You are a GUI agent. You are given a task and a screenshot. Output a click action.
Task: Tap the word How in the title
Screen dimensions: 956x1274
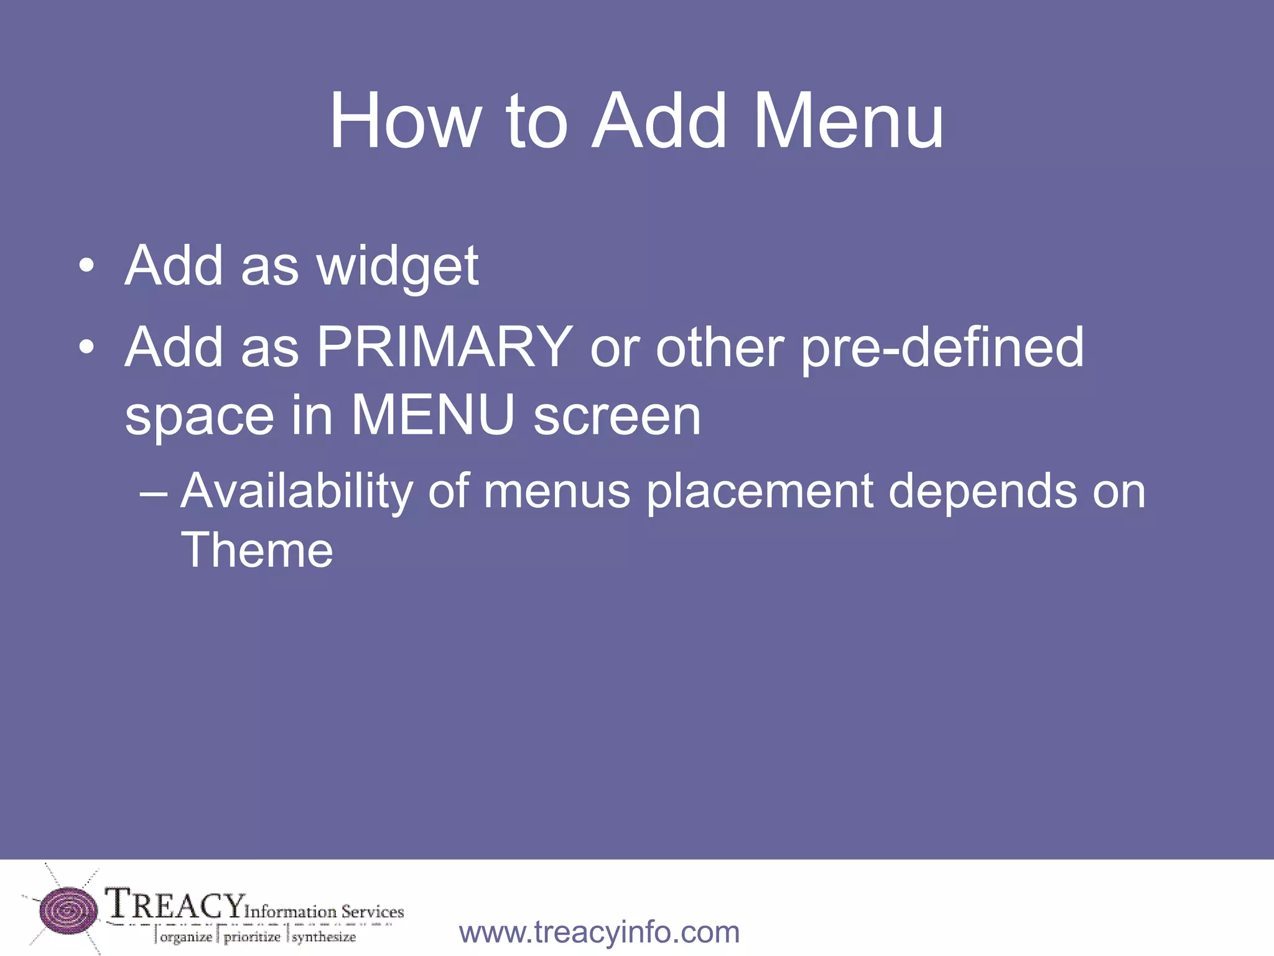point(405,121)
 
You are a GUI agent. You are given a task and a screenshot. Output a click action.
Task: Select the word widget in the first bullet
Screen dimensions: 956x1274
point(398,267)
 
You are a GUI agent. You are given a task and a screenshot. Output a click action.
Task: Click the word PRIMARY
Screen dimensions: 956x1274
point(444,347)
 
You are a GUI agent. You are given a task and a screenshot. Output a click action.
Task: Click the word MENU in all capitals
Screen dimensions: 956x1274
point(433,415)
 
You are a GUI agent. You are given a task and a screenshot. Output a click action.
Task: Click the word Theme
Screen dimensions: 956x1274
point(256,550)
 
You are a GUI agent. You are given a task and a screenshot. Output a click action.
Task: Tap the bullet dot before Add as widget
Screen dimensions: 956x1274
point(86,267)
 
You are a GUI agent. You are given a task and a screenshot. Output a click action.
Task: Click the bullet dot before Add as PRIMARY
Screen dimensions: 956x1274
point(86,347)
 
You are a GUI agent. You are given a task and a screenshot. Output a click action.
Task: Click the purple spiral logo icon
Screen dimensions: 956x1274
point(68,909)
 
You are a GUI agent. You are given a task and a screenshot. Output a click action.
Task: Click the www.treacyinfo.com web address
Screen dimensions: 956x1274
point(599,932)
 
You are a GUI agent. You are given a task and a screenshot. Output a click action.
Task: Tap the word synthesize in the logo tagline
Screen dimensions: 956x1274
point(324,937)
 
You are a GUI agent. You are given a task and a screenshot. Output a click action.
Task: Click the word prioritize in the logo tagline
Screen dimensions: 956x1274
point(252,937)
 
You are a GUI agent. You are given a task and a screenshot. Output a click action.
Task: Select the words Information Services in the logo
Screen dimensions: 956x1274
point(324,912)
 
